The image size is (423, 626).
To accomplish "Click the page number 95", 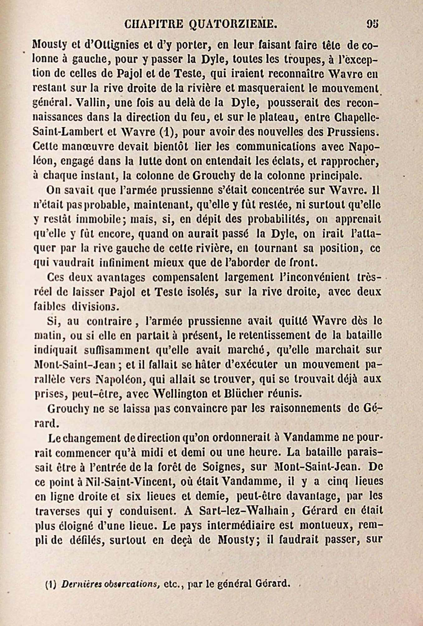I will point(372,24).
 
